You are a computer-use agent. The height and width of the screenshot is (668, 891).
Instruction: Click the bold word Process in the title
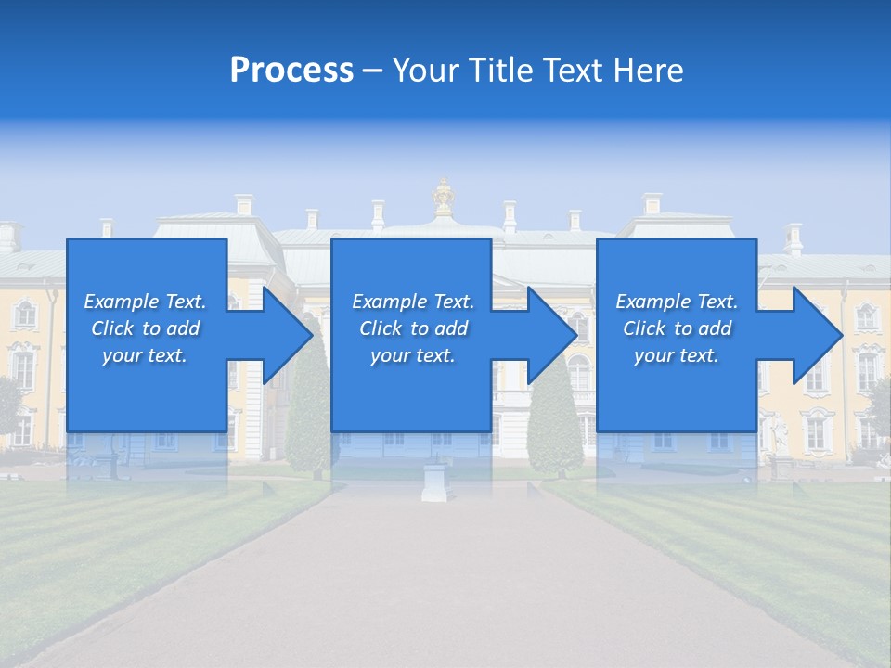point(291,70)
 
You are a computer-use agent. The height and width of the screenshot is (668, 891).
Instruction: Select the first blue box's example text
point(145,328)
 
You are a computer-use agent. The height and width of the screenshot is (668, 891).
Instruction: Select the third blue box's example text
point(677,328)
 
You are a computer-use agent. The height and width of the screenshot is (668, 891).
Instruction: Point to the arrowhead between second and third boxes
point(551,335)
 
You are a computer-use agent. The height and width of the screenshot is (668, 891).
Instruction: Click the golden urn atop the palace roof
point(444,198)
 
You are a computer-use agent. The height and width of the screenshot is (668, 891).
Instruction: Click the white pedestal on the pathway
point(434,482)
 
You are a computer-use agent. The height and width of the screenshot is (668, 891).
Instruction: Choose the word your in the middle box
point(390,355)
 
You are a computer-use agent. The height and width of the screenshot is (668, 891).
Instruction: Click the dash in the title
point(372,71)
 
